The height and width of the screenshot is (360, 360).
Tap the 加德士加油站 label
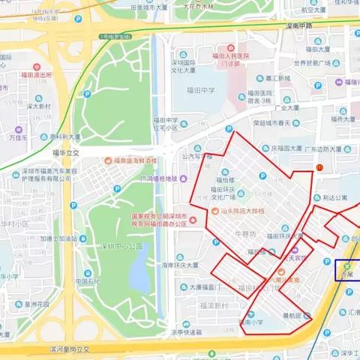pos(57,238)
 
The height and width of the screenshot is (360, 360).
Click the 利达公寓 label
pos(331,198)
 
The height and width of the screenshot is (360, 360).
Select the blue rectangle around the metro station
pos(347,270)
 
